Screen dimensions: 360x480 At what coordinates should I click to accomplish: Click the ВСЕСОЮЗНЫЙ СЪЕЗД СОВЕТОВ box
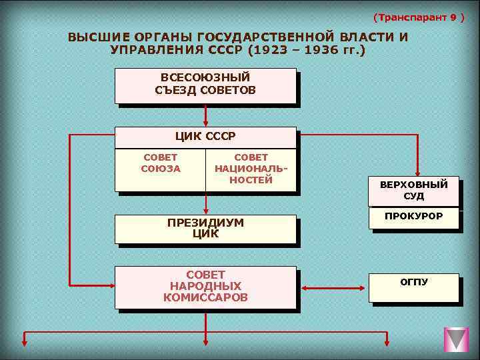(205, 85)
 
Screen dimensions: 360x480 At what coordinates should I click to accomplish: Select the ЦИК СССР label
(205, 137)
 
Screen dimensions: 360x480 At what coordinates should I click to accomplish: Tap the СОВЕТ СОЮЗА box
(161, 169)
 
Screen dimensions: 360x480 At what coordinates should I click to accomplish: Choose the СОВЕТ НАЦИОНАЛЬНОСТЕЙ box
(251, 169)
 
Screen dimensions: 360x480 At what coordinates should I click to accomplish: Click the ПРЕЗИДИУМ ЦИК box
(205, 229)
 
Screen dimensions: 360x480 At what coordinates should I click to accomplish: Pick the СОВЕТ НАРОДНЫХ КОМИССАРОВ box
(205, 287)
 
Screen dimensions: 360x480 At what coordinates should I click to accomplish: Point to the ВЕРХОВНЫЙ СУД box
(413, 191)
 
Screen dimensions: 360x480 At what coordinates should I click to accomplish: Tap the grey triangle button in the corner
(457, 339)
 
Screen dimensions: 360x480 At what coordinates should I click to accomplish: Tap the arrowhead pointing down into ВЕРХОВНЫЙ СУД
(418, 173)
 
